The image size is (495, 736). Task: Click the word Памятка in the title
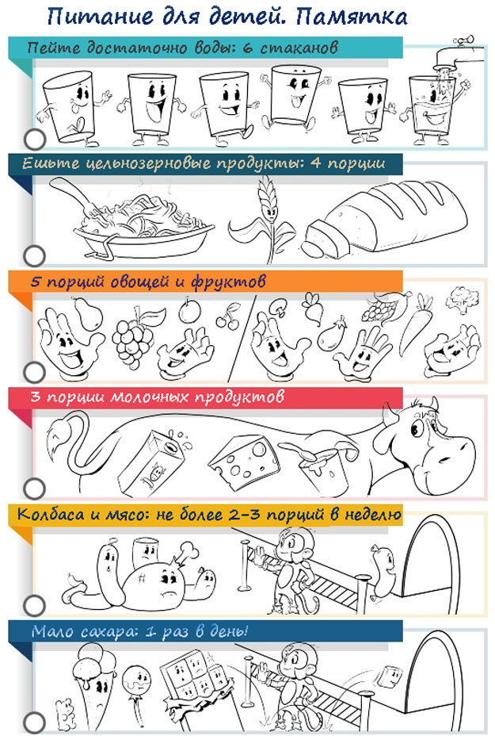click(x=352, y=17)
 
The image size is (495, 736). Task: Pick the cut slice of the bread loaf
click(x=323, y=242)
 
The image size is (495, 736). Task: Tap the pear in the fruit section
click(x=88, y=312)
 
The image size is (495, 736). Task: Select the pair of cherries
click(x=228, y=315)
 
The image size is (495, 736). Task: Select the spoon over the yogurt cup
click(x=303, y=450)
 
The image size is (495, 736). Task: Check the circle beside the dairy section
click(x=34, y=489)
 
